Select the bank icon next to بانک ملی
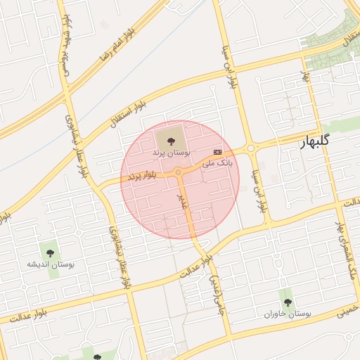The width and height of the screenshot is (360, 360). point(217,152)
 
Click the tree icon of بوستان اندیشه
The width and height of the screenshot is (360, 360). point(50,252)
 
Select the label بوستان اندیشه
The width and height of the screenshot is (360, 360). point(50,264)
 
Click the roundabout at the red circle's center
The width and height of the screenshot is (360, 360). point(179,172)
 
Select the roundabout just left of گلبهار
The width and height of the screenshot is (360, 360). point(251,148)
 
